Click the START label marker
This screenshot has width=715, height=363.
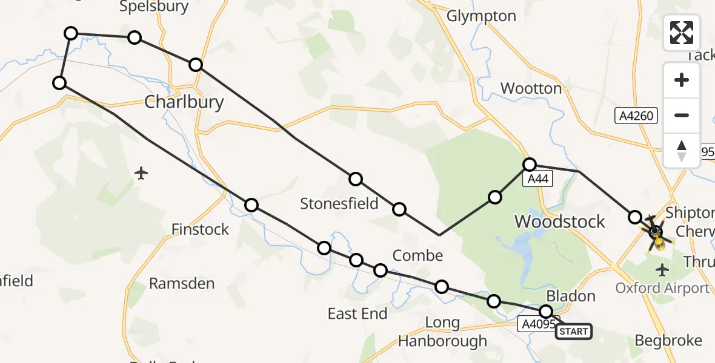point(573,332)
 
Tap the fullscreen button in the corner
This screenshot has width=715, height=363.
point(682,33)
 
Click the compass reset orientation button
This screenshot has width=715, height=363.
point(682,151)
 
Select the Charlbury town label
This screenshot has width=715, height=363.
point(184,102)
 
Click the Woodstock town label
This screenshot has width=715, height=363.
point(559,221)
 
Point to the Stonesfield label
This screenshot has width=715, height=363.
point(339,204)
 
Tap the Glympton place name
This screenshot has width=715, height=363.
point(481,16)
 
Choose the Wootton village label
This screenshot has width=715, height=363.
point(531,89)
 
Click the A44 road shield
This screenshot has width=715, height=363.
point(539,179)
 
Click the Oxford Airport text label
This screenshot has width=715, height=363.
point(662,288)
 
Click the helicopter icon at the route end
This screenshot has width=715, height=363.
point(656,232)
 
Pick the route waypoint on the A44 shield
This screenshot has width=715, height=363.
point(530,164)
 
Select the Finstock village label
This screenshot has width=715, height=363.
point(200,229)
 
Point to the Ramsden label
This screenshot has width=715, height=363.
point(182,283)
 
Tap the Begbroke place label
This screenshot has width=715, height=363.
point(668,341)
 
